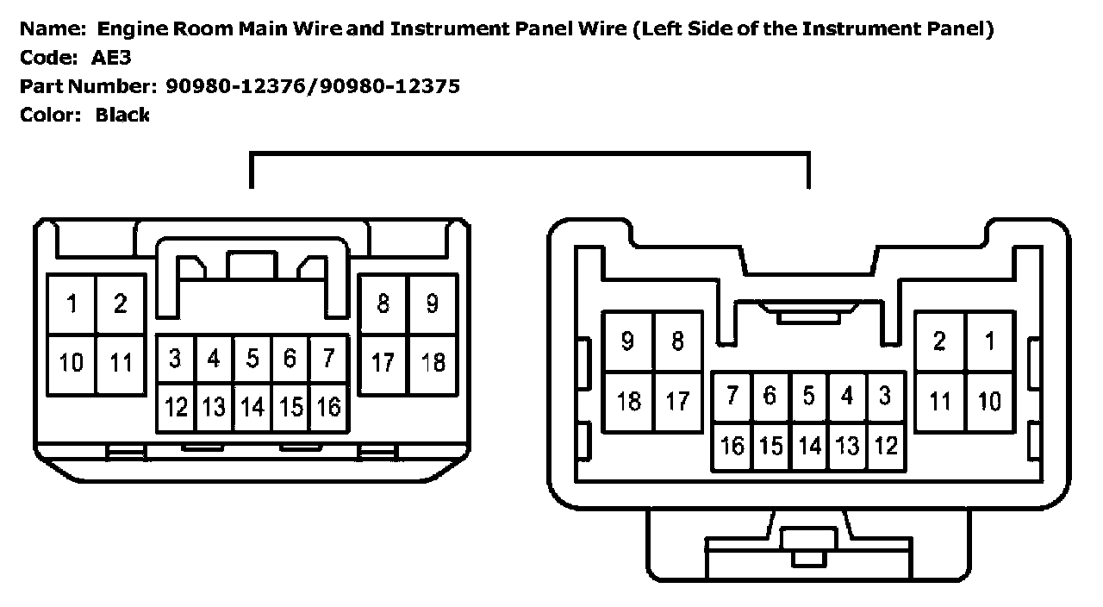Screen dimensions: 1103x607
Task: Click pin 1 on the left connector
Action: [72, 303]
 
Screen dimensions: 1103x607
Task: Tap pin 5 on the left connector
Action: [252, 358]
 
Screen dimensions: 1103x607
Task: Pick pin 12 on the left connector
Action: [176, 406]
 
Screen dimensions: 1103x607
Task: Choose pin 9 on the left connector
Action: [433, 303]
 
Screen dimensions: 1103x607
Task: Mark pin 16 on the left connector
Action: [328, 406]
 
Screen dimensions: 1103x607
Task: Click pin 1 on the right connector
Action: [990, 341]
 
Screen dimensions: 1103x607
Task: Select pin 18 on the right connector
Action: [629, 400]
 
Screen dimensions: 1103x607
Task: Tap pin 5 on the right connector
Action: [808, 396]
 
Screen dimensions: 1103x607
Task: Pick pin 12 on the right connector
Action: [886, 446]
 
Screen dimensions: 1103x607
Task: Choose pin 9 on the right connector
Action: [629, 341]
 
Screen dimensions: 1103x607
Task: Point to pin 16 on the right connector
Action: [732, 446]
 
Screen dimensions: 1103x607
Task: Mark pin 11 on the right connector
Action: [940, 400]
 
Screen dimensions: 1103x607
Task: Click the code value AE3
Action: [113, 58]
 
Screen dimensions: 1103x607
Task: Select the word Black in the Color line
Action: [122, 115]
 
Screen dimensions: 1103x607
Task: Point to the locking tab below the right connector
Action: [807, 545]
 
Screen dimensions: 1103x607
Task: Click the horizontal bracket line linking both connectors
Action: [530, 155]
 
